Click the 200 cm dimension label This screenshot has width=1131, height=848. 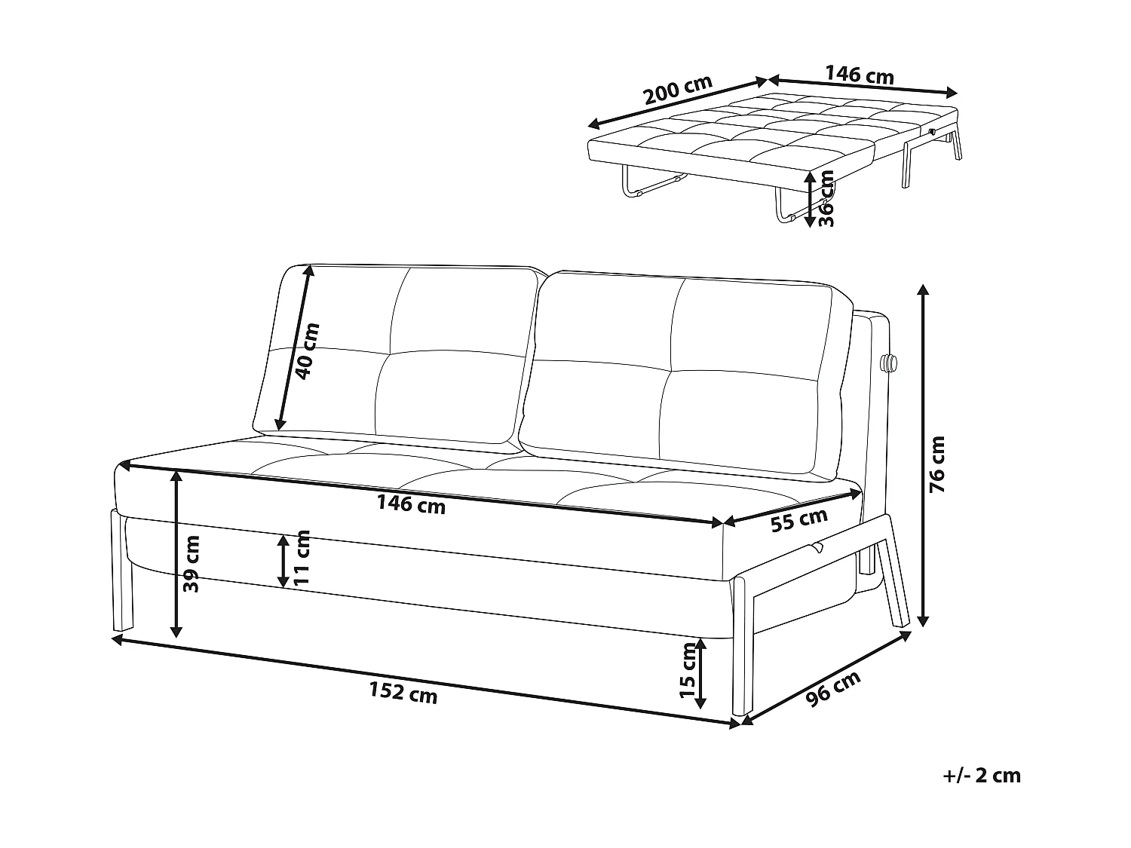(x=677, y=92)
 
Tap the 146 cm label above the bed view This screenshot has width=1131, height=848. (x=860, y=75)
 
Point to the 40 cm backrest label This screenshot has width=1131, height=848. (x=307, y=351)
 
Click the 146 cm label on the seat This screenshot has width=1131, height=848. (x=411, y=504)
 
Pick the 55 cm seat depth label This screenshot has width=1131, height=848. (x=799, y=519)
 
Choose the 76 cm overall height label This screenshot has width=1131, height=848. (x=937, y=464)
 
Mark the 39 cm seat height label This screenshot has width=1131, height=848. (x=192, y=563)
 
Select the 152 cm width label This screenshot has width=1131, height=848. (x=403, y=692)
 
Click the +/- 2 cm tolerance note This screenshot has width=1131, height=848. (x=981, y=776)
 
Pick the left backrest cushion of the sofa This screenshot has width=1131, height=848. (x=396, y=353)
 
